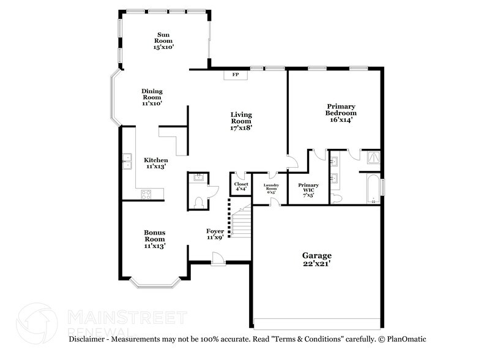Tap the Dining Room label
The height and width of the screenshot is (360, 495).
[152, 97]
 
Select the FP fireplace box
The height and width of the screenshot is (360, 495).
[235, 75]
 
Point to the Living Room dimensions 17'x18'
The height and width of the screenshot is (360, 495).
[241, 129]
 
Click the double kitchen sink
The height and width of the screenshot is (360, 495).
[127, 162]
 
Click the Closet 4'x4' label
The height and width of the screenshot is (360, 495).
[240, 186]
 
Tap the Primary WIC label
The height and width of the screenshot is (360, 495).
[308, 187]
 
